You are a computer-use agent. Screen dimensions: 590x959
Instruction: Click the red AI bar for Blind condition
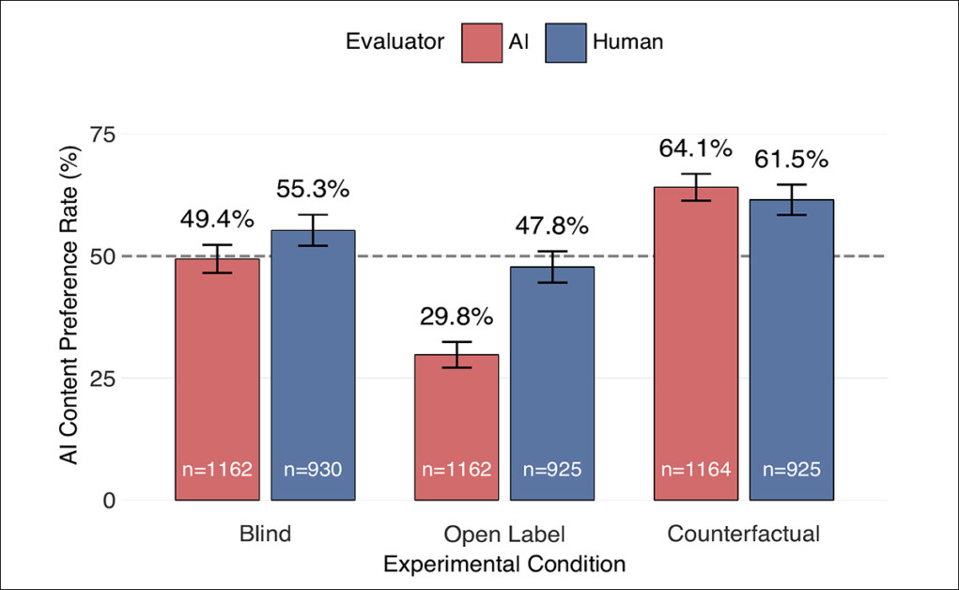click(x=218, y=376)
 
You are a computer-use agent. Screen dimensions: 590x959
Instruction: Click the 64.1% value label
click(x=696, y=148)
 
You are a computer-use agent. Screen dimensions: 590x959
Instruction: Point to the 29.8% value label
click(x=457, y=316)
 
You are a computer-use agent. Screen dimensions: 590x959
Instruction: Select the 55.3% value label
click(x=313, y=189)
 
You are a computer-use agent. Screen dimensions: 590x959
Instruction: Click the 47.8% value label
click(x=551, y=226)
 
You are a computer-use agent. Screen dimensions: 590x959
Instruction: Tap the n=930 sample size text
click(x=313, y=469)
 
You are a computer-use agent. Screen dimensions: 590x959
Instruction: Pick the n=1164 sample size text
click(x=696, y=469)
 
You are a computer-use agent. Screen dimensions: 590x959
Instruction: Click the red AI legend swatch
click(x=482, y=42)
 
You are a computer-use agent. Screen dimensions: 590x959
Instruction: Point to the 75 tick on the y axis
click(x=102, y=134)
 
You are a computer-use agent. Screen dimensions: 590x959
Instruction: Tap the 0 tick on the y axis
click(x=109, y=501)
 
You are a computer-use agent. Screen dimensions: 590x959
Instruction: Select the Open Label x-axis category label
click(x=505, y=536)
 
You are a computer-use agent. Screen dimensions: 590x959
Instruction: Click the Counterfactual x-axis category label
click(x=744, y=535)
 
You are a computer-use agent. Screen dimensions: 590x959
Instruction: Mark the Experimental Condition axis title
click(x=505, y=564)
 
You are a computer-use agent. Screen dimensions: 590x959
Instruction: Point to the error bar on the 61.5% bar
click(x=792, y=199)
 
